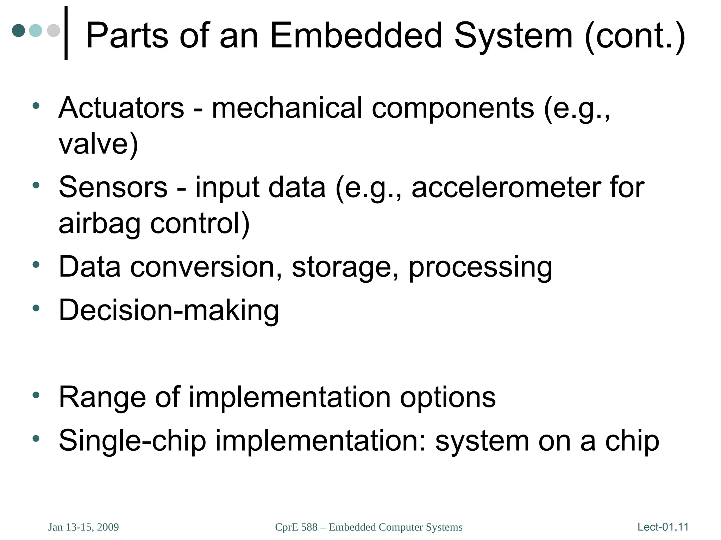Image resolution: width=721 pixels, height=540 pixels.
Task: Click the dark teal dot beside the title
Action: click(x=19, y=31)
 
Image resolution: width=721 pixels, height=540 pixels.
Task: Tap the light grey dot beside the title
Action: click(x=54, y=31)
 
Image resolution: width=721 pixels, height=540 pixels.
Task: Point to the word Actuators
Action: click(x=121, y=108)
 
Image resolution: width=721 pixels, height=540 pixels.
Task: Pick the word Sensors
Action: click(x=113, y=187)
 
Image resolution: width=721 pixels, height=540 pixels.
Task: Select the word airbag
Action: click(x=100, y=224)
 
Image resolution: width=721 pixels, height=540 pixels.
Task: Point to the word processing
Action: click(x=480, y=267)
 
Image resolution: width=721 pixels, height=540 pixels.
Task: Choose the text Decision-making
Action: click(x=169, y=310)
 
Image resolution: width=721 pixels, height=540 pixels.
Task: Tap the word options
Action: click(x=447, y=397)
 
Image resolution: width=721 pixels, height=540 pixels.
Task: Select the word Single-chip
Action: click(x=132, y=441)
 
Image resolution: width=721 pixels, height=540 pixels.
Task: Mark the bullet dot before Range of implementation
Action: click(x=36, y=395)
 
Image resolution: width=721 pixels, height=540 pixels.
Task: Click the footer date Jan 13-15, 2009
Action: click(x=83, y=527)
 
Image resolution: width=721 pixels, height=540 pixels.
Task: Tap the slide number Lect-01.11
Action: click(x=663, y=527)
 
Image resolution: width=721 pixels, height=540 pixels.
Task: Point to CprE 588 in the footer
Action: click(x=296, y=527)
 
